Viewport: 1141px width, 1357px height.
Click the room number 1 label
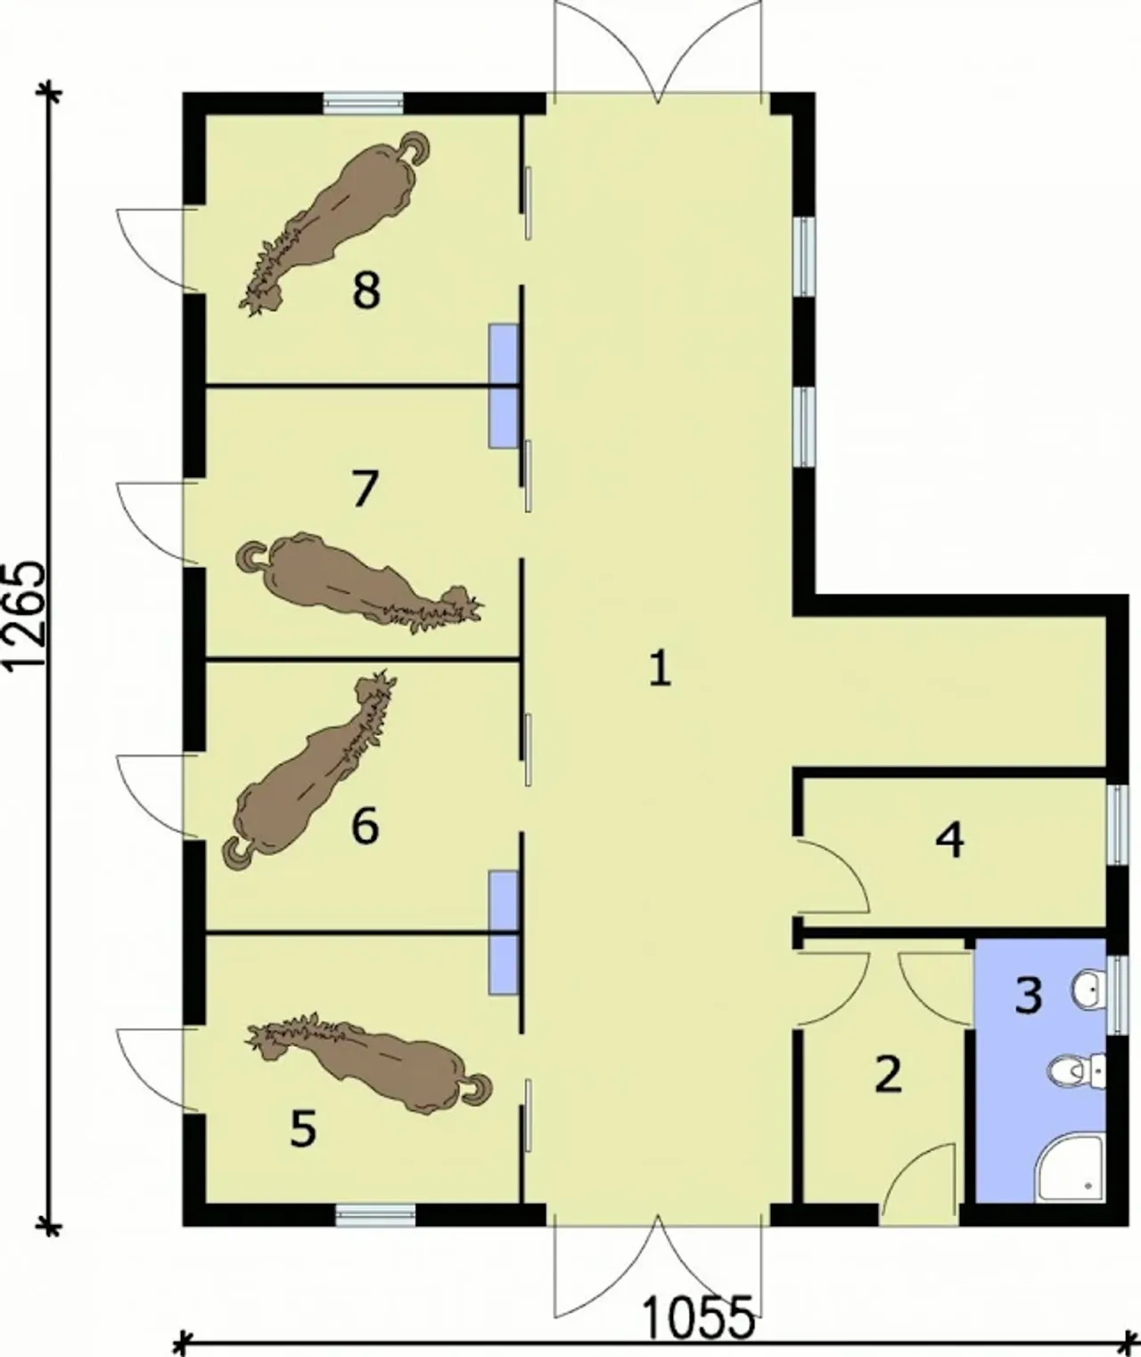pos(661,670)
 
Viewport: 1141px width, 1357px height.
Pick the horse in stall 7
pos(359,581)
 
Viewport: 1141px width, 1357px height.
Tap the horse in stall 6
pos(309,771)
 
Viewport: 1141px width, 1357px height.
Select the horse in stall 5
pos(368,1064)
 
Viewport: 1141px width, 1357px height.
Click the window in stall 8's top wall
pos(363,103)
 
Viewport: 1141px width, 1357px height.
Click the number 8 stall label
pos(365,290)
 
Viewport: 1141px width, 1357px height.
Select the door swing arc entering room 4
pos(846,864)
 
